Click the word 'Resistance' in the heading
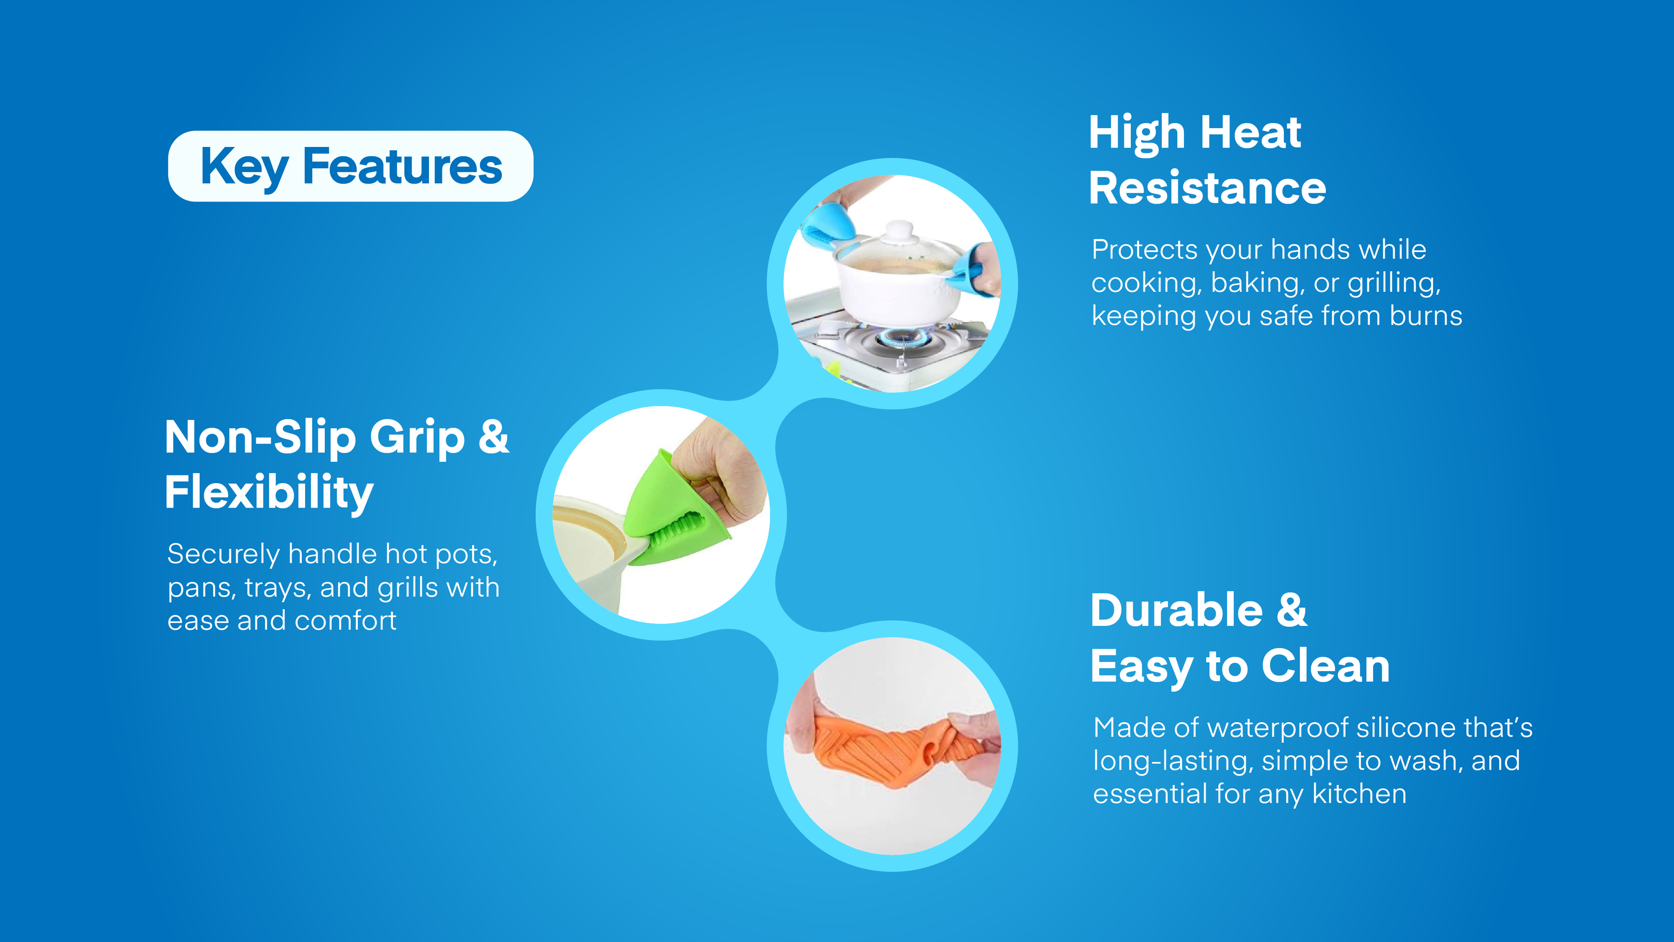click(x=1208, y=188)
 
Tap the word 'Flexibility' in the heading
click(x=269, y=492)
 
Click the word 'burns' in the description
click(x=1426, y=316)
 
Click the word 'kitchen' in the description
click(x=1360, y=794)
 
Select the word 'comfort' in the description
click(x=345, y=621)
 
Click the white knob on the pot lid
click(x=899, y=230)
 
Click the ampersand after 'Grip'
click(x=494, y=437)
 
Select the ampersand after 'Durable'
click(x=1292, y=611)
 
